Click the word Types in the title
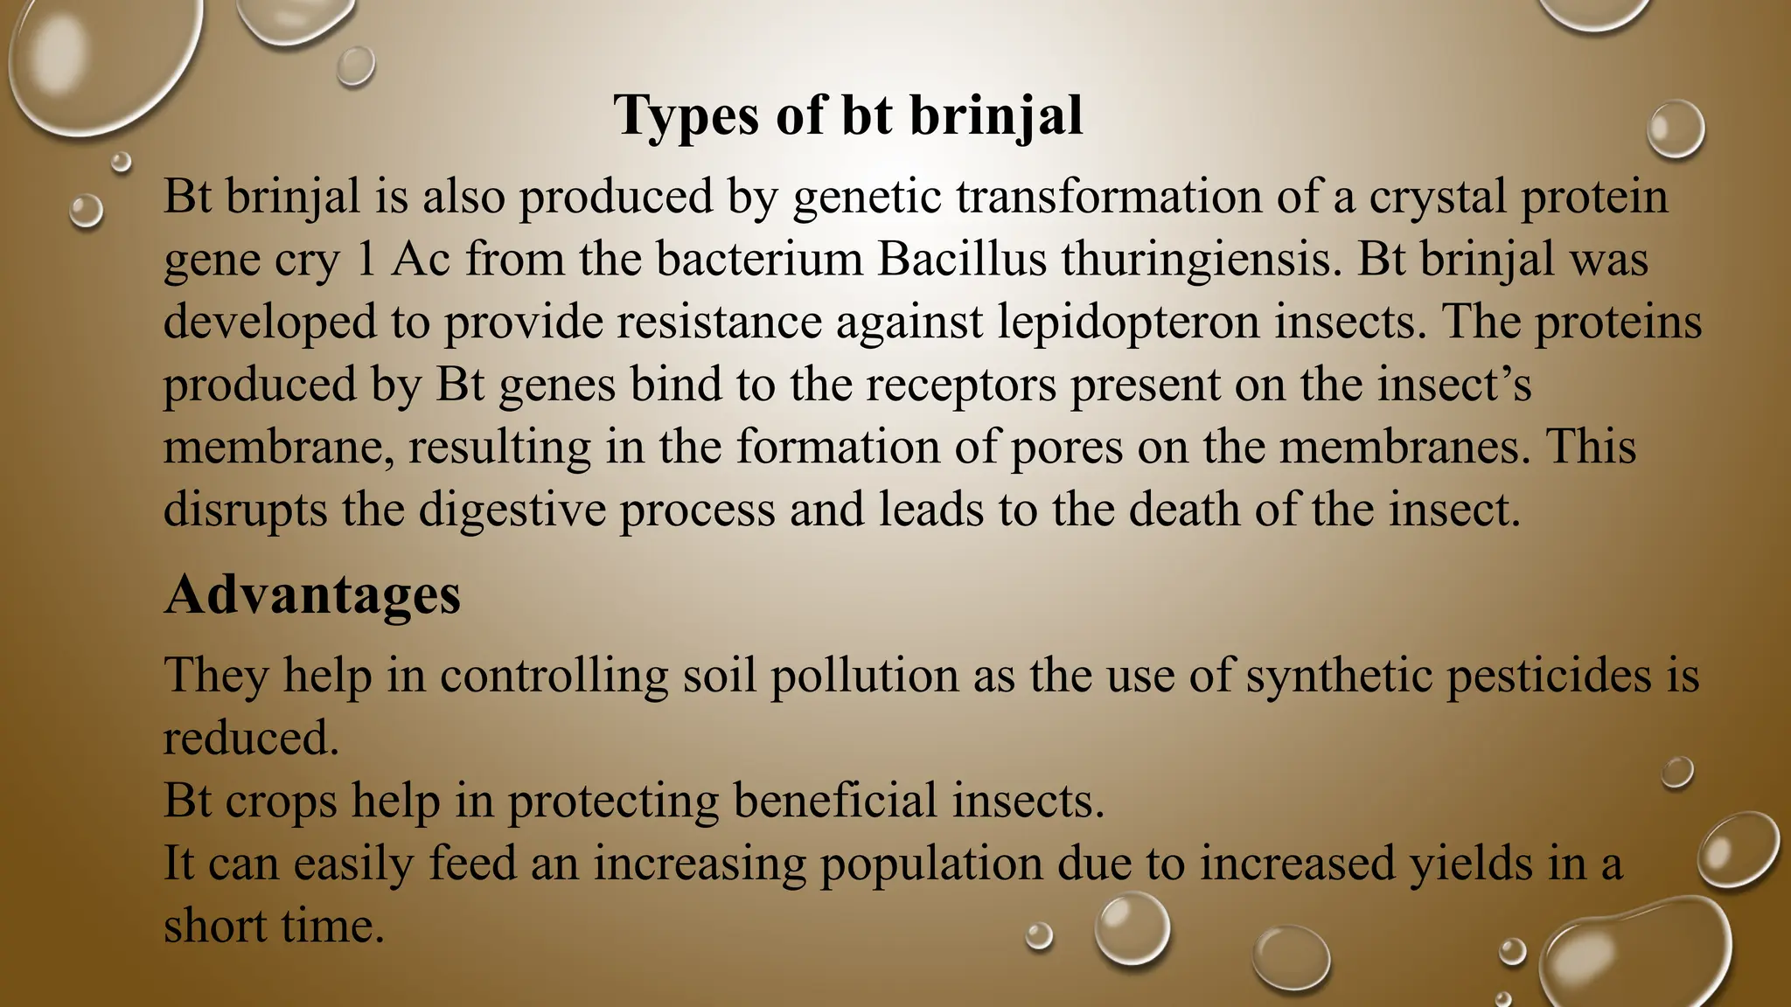(x=686, y=116)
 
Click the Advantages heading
(x=312, y=595)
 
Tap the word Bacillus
(x=962, y=259)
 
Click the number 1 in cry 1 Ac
(x=366, y=260)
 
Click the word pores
(x=1067, y=448)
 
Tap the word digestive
(x=512, y=510)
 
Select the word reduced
(x=250, y=739)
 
